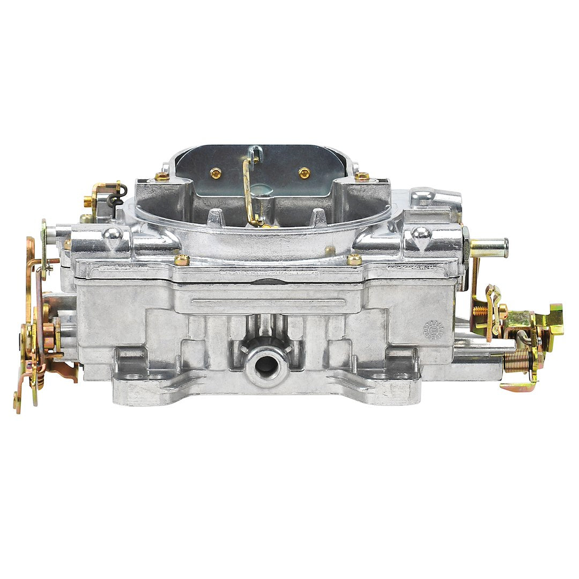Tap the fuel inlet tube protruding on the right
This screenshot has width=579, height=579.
pos(489,247)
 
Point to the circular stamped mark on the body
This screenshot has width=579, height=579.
pos(434,329)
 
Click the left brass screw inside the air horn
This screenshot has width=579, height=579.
pos(216,173)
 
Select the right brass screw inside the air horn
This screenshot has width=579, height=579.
pos(305,173)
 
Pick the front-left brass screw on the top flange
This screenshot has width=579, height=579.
pos(182,260)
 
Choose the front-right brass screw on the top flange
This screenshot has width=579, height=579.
pos(354,260)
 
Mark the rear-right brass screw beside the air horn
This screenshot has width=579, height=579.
pos(362,175)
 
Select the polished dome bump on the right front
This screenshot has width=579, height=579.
pos(421,233)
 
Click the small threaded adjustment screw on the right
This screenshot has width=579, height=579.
pos(480,310)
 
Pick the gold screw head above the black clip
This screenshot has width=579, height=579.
pos(88,202)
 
